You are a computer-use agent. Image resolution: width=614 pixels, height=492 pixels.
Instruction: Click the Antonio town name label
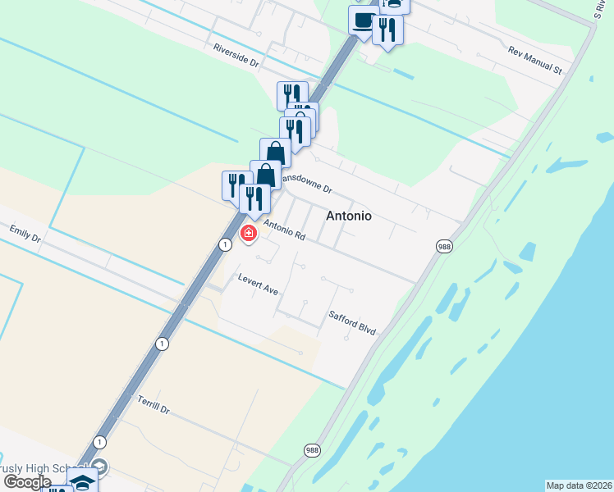click(x=349, y=216)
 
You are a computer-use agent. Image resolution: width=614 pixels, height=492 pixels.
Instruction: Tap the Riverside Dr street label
click(x=236, y=55)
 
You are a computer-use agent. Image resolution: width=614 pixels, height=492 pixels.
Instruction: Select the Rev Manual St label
click(x=534, y=61)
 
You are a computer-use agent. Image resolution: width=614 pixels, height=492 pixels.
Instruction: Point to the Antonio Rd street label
click(x=284, y=229)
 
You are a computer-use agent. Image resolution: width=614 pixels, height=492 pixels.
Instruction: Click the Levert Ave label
click(x=259, y=285)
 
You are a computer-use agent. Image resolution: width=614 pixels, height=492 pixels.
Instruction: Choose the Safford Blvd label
click(x=352, y=321)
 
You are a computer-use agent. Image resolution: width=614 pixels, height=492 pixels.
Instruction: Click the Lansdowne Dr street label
click(x=306, y=181)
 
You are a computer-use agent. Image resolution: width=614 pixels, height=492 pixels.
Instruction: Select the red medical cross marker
click(x=249, y=234)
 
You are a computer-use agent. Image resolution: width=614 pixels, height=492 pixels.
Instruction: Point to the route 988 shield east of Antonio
click(x=444, y=247)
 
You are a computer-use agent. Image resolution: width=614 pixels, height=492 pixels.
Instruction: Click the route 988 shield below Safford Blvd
click(x=312, y=451)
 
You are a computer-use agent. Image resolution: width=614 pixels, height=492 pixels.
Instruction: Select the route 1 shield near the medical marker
click(x=224, y=244)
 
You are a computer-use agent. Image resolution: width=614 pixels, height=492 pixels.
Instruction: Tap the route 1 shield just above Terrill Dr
click(x=163, y=344)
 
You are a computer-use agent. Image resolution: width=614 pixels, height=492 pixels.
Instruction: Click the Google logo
click(x=26, y=481)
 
